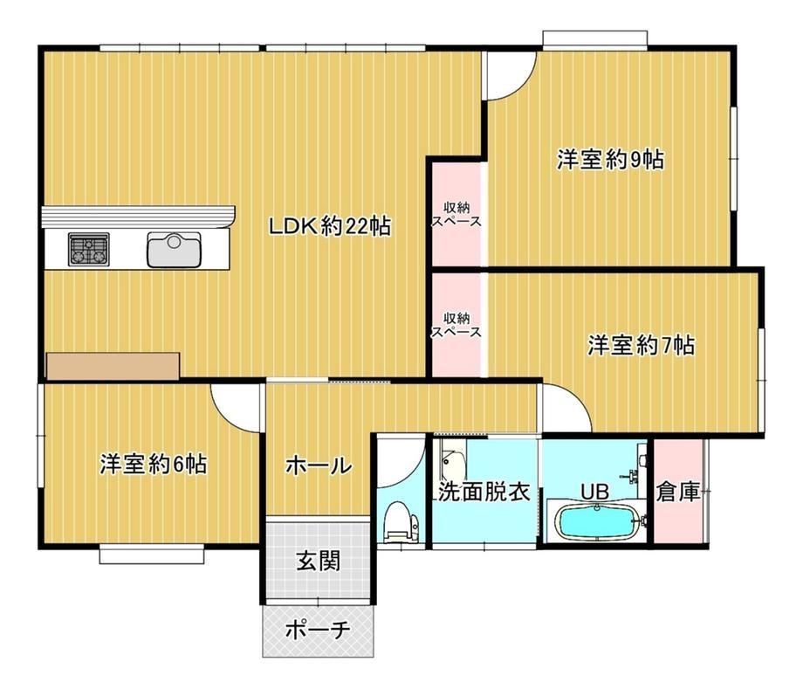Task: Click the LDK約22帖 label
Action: click(330, 226)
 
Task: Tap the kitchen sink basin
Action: click(174, 250)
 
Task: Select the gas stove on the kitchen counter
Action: click(89, 250)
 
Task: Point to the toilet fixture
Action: click(401, 521)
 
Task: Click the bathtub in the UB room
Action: click(597, 522)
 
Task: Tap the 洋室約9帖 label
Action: click(610, 159)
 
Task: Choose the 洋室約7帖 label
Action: click(641, 345)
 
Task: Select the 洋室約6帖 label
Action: click(153, 464)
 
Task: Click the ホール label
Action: click(319, 466)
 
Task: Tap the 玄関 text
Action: click(318, 562)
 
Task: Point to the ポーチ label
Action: click(318, 629)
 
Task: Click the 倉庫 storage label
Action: click(677, 492)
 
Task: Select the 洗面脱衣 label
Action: click(484, 492)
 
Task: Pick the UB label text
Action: click(594, 492)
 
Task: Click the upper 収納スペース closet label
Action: click(456, 215)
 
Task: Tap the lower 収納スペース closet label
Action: click(456, 325)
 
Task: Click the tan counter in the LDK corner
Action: click(113, 366)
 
